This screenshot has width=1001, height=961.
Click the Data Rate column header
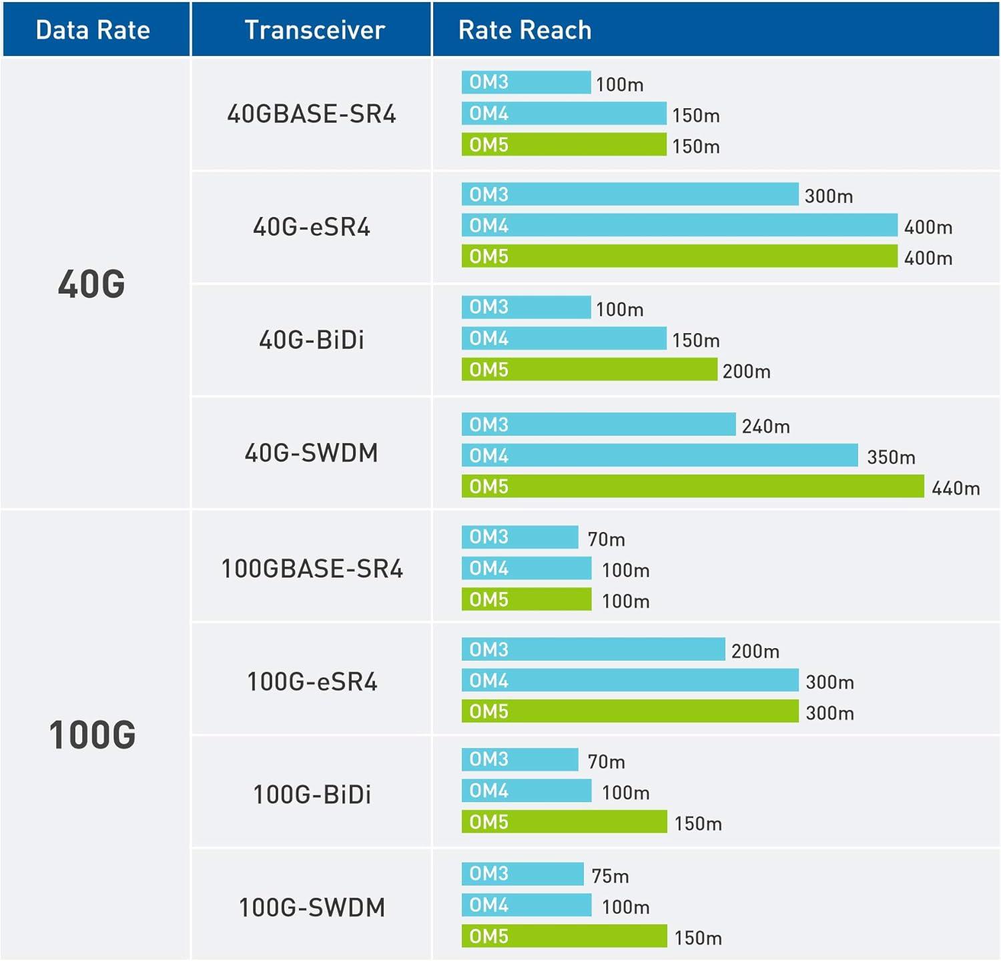coord(93,30)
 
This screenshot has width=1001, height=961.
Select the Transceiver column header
coord(314,30)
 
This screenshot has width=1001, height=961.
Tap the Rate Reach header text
coord(525,30)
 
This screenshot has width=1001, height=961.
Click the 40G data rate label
coord(91,284)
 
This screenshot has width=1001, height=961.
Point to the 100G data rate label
coord(92,735)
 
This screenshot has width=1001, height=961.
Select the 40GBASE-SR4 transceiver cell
coord(312,114)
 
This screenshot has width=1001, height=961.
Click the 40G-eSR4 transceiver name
coord(312,227)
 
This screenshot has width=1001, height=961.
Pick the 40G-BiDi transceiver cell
coord(312,340)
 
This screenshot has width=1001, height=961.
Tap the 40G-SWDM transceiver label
coord(312,452)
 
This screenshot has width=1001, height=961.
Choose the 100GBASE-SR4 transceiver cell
coord(312,569)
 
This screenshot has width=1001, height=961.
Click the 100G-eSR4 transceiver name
coord(312,681)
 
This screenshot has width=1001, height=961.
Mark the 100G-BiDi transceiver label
coord(312,794)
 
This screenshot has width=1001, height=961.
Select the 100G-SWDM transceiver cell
coord(312,907)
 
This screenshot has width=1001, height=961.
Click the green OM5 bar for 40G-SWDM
coord(693,486)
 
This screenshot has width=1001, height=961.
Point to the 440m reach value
coord(956,489)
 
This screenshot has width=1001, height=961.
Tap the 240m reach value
coord(765,426)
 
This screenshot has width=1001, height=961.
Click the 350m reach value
coord(891,457)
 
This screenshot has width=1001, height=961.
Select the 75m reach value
coord(610,876)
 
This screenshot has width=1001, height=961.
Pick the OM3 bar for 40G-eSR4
coord(629,194)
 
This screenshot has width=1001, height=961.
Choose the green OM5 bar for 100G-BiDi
coord(564,822)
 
